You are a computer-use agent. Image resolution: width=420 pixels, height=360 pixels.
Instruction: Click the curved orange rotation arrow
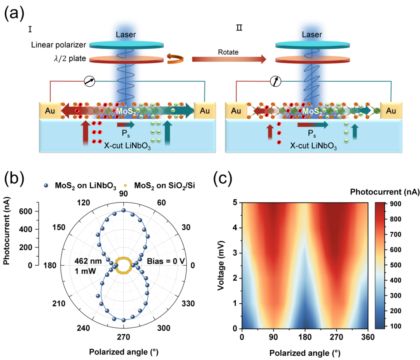click(x=174, y=59)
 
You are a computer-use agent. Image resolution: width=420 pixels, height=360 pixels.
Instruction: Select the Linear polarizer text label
click(x=58, y=45)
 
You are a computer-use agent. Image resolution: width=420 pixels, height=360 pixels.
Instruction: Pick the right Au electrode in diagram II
click(x=391, y=110)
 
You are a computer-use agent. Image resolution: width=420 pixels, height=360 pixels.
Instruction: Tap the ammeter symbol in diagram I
click(x=89, y=81)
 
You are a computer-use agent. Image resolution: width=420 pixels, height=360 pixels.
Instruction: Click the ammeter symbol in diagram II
click(x=275, y=81)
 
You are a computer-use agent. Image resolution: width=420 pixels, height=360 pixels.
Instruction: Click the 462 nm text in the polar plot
click(x=84, y=261)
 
